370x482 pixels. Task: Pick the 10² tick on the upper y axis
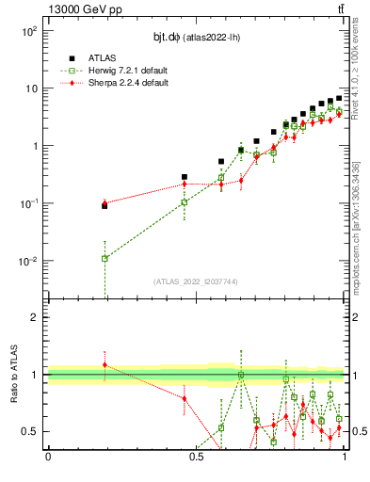coord(28,31)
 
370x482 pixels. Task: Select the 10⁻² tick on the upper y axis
coord(28,262)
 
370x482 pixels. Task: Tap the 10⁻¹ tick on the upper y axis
coord(28,204)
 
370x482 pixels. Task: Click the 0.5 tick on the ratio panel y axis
coord(30,431)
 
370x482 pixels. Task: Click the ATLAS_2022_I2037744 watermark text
coord(196,281)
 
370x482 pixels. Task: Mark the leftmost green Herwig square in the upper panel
coord(105,258)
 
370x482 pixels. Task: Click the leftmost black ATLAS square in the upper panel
coord(105,205)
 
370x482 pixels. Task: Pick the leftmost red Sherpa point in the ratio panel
coord(105,364)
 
